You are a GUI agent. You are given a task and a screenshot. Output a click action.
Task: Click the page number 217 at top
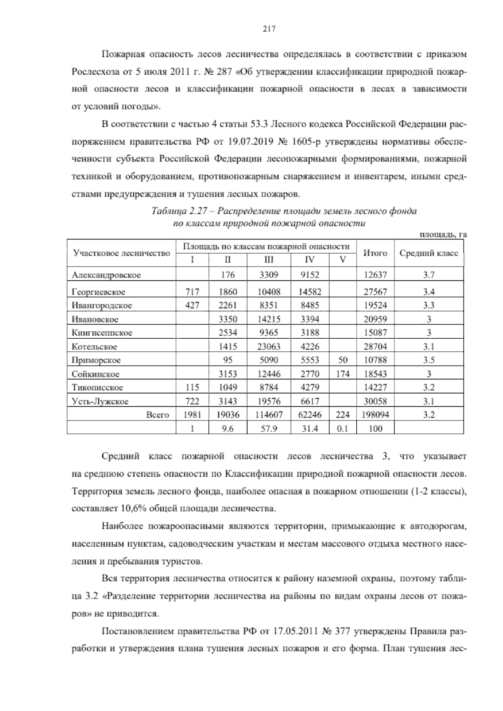(268, 29)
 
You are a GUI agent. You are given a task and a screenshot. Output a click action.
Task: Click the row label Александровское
(106, 275)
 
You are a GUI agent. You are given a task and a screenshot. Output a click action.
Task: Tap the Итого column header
(375, 253)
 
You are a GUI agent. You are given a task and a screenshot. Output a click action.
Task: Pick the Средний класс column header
(428, 253)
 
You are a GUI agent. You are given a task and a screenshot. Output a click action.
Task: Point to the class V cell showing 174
(342, 374)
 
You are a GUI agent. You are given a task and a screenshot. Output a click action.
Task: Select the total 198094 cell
(375, 415)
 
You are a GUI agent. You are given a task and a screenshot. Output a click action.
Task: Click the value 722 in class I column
(192, 401)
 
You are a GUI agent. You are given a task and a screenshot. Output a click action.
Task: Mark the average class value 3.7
(428, 275)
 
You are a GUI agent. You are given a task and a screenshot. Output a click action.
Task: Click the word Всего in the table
(158, 415)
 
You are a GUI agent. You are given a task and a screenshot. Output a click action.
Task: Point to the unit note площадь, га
(443, 235)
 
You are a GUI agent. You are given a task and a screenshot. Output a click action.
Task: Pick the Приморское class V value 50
(342, 360)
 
